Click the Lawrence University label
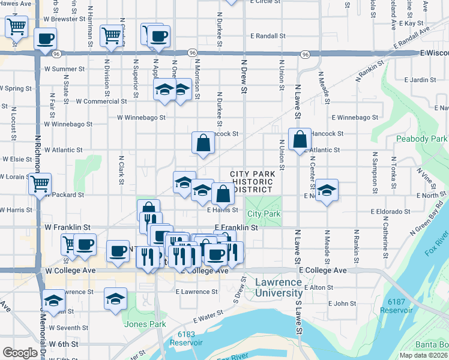point(278,287)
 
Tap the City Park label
point(264,214)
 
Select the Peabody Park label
point(421,139)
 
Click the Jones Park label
point(145,325)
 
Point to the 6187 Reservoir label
point(400,306)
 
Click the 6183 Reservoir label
point(182,338)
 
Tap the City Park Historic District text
point(253,181)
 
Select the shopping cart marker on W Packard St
point(40,183)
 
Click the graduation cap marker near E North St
point(326,190)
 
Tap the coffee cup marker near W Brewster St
point(45,38)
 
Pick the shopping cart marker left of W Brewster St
point(16,26)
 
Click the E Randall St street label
point(264,36)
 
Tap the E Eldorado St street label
point(390,211)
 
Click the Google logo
point(20,353)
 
